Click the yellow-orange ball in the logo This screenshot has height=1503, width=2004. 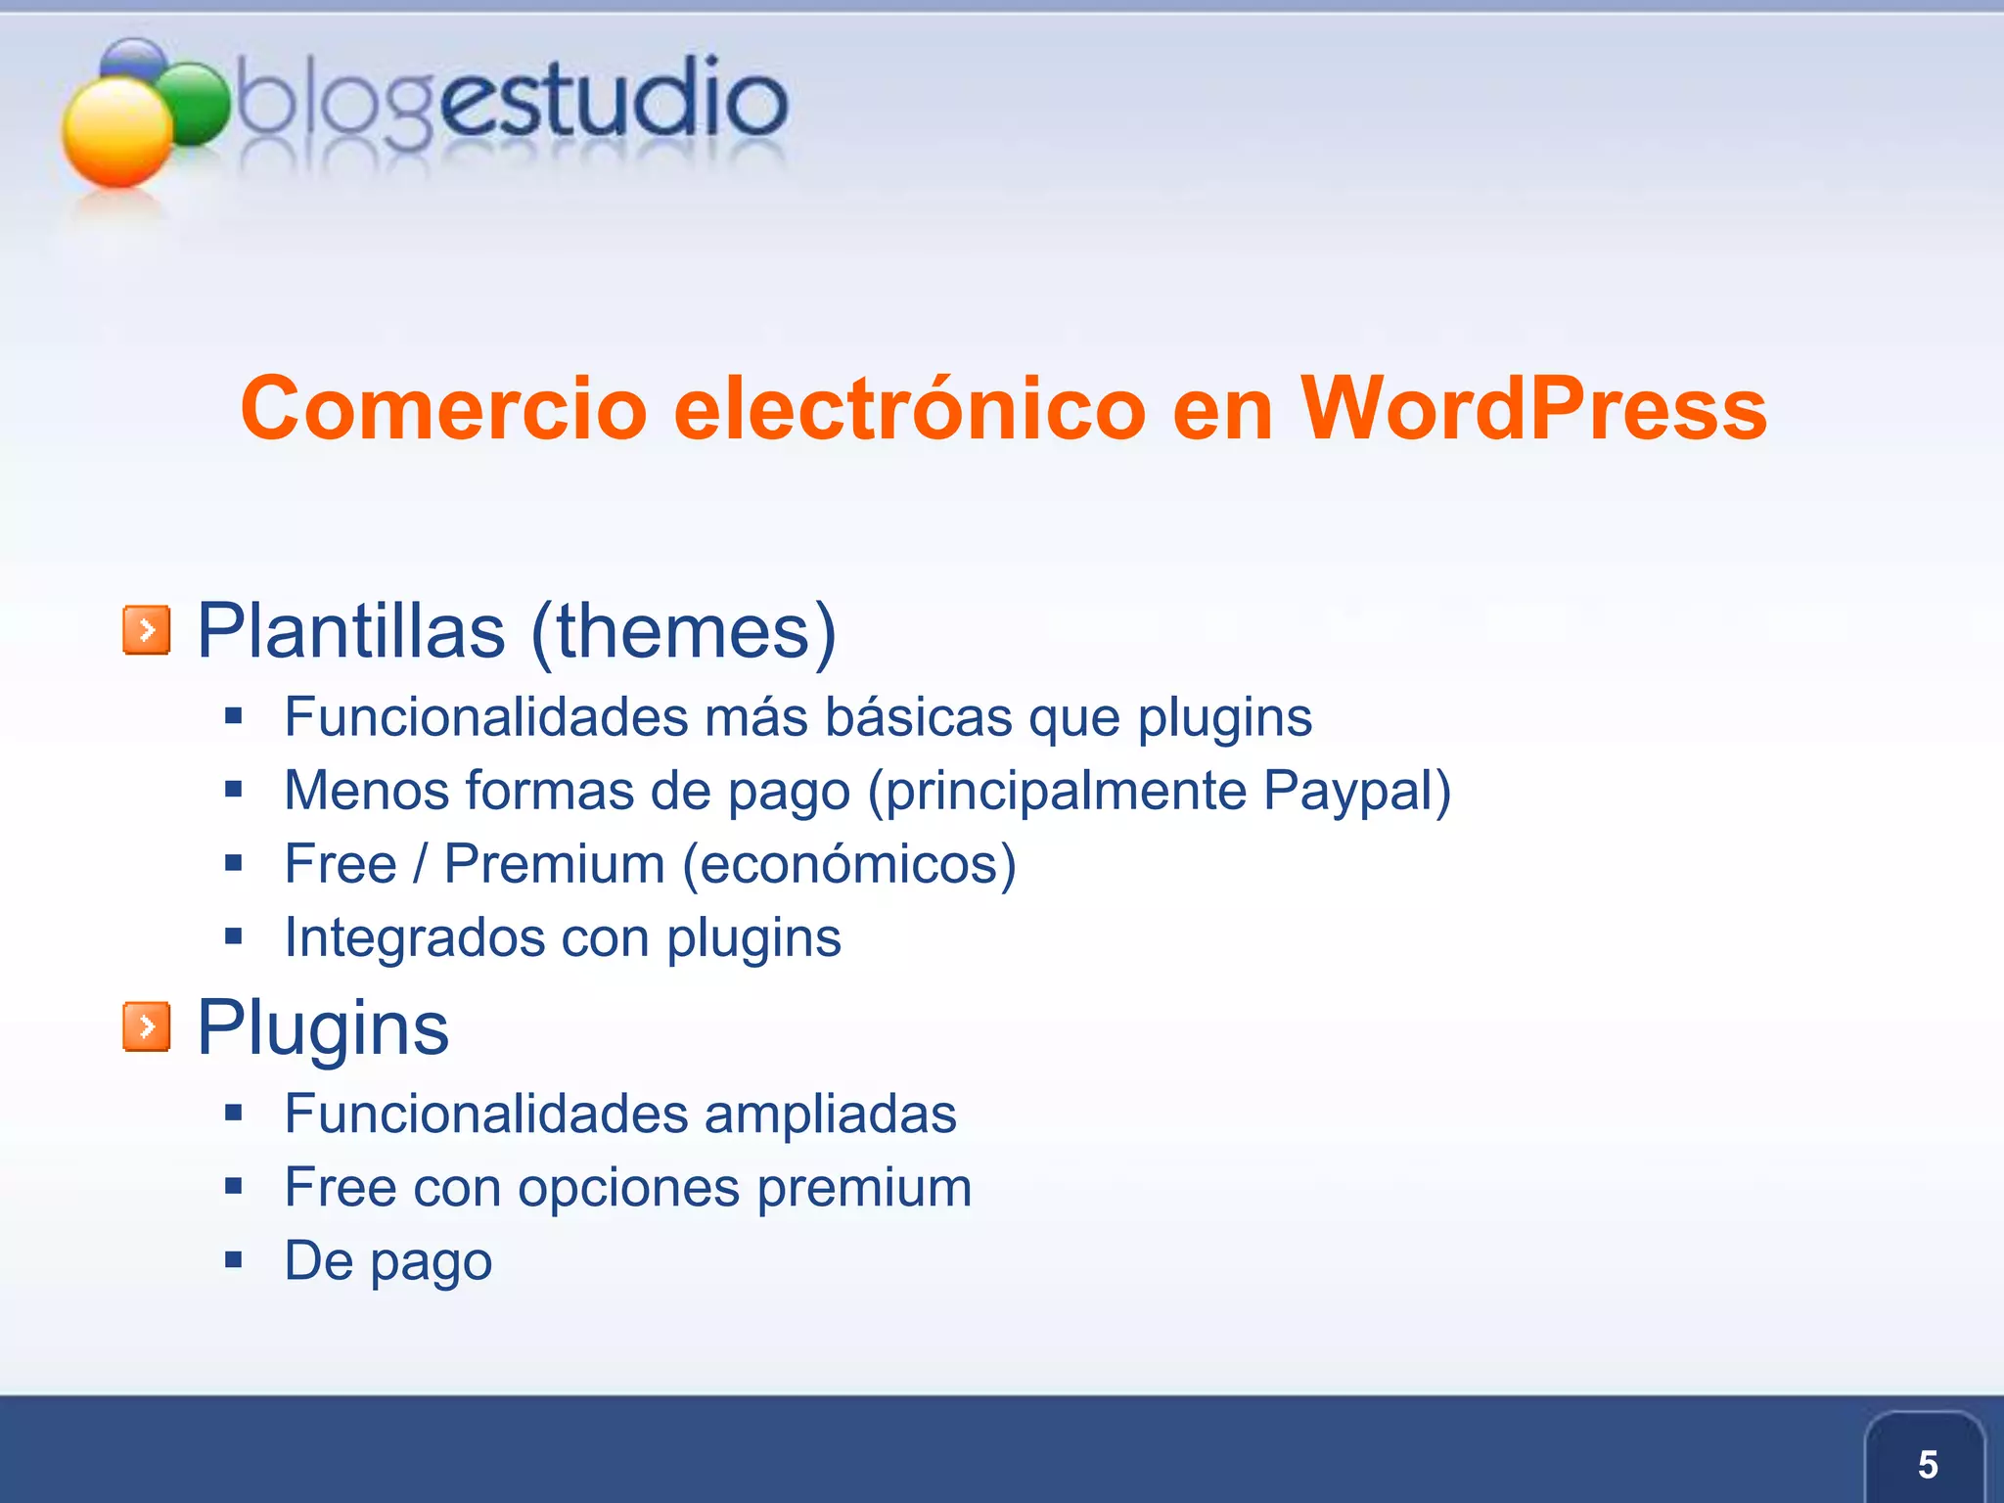click(x=117, y=132)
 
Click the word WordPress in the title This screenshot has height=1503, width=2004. click(x=1533, y=409)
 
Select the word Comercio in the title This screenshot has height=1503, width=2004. click(x=443, y=409)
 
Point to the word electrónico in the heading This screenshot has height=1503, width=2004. click(x=909, y=409)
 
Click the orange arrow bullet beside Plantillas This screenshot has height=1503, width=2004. click(x=147, y=630)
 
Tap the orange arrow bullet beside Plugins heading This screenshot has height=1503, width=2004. click(x=147, y=1026)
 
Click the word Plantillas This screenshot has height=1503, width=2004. click(x=351, y=631)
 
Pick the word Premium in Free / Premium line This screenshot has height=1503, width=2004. click(x=555, y=864)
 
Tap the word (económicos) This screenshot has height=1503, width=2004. click(x=849, y=865)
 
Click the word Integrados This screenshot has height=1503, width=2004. click(x=414, y=938)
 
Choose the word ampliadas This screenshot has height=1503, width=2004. click(x=830, y=1115)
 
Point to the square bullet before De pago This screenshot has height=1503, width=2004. click(x=233, y=1260)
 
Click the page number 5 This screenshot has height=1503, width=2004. click(x=1927, y=1465)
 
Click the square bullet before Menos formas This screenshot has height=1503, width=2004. click(x=233, y=790)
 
